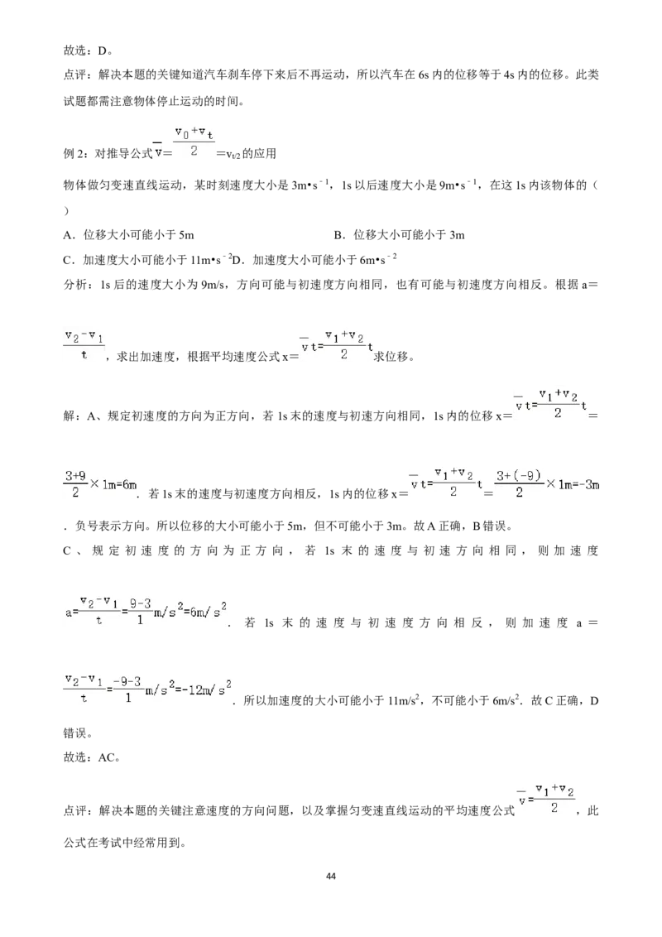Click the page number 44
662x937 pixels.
tap(331, 876)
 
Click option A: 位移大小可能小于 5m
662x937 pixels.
tap(128, 235)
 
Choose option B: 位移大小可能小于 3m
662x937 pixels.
tap(399, 235)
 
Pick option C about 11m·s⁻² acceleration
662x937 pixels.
tap(147, 259)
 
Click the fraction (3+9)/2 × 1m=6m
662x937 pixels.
tap(101, 484)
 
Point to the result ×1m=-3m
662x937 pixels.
tap(572, 484)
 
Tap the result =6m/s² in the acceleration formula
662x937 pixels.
tap(203, 612)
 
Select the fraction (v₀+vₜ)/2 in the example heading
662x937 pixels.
tap(194, 143)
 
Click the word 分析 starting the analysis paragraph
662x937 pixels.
tap(74, 285)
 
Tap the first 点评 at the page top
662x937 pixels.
tap(74, 75)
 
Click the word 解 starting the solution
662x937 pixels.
tap(70, 416)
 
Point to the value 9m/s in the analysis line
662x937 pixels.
tap(214, 285)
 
